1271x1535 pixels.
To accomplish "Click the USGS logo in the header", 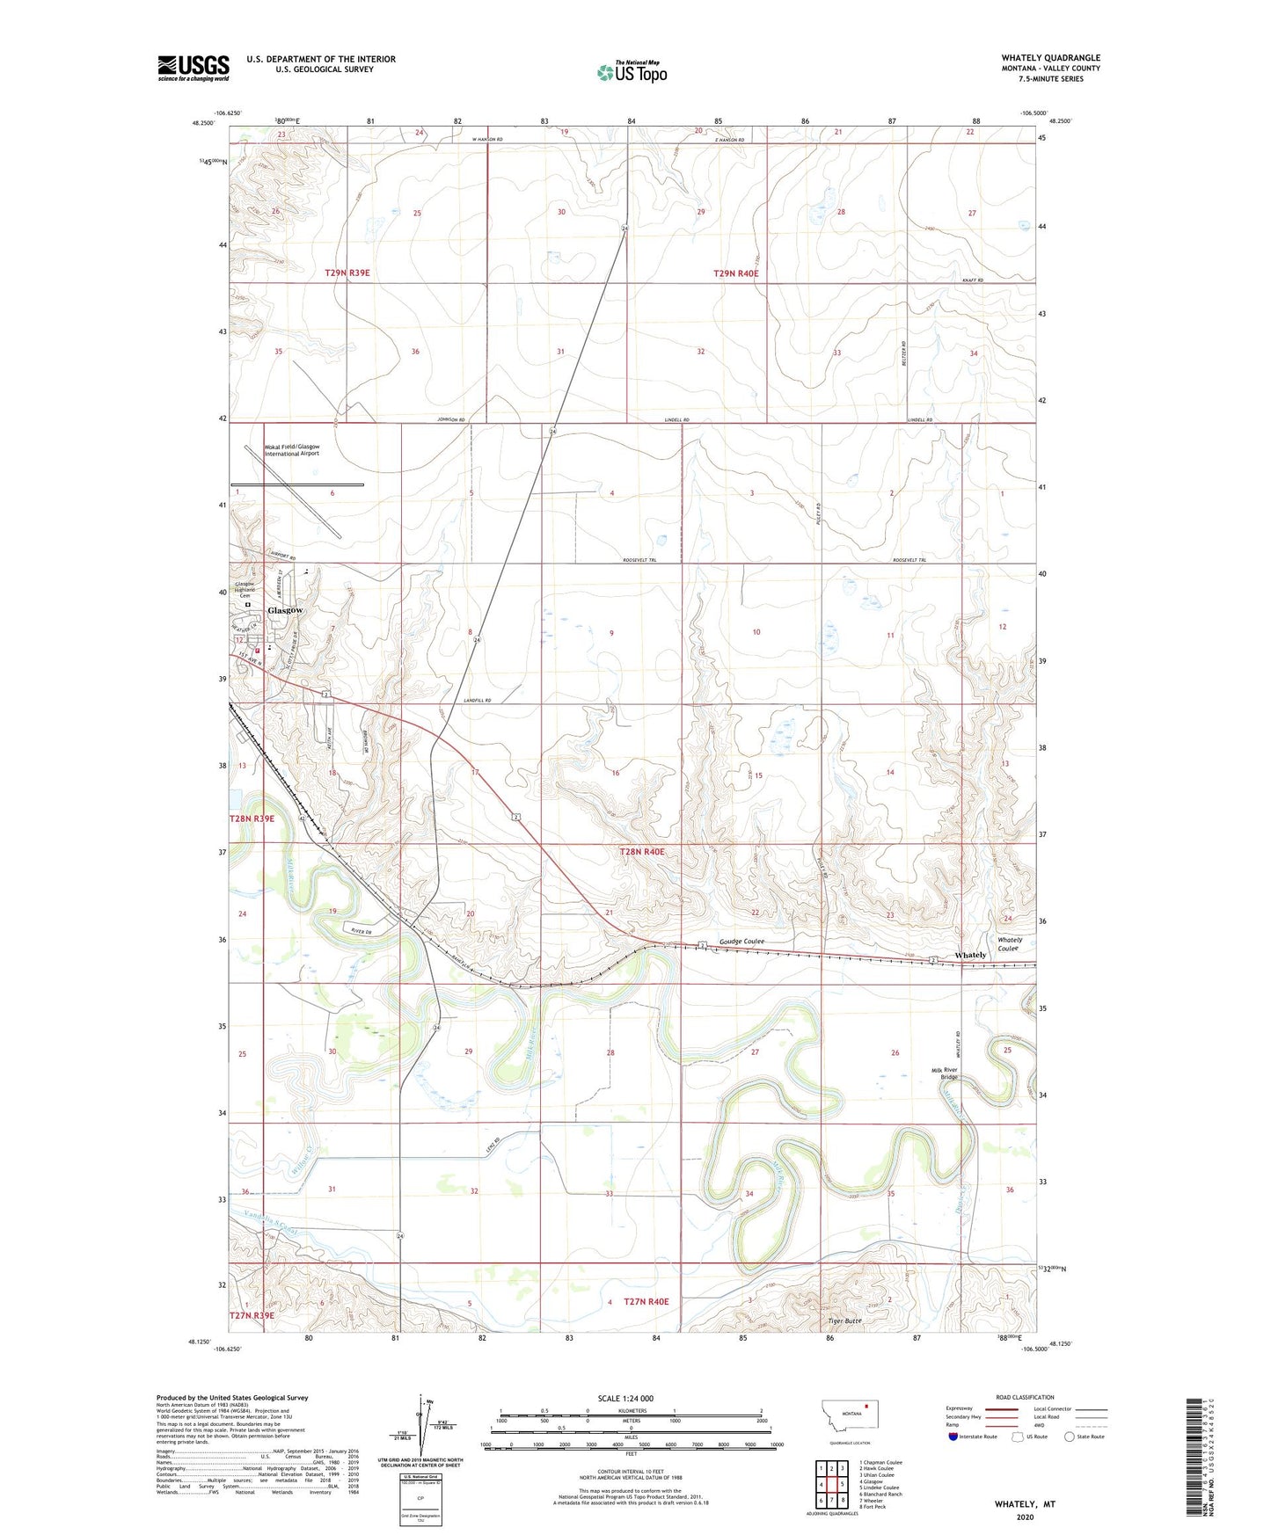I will click(x=193, y=68).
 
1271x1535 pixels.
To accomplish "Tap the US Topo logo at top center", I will click(x=632, y=72).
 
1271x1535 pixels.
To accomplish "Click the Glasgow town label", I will click(x=285, y=610).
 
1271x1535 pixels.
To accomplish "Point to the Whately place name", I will click(x=970, y=956).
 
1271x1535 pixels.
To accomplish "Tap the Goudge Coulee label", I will click(x=741, y=942).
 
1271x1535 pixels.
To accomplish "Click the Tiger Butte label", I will click(x=844, y=1320).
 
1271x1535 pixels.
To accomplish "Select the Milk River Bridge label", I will click(x=945, y=1074).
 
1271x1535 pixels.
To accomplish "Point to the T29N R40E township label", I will click(x=735, y=273).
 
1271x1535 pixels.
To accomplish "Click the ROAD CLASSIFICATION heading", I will click(x=1025, y=1397).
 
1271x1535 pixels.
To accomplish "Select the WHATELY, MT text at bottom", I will click(x=1025, y=1504).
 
